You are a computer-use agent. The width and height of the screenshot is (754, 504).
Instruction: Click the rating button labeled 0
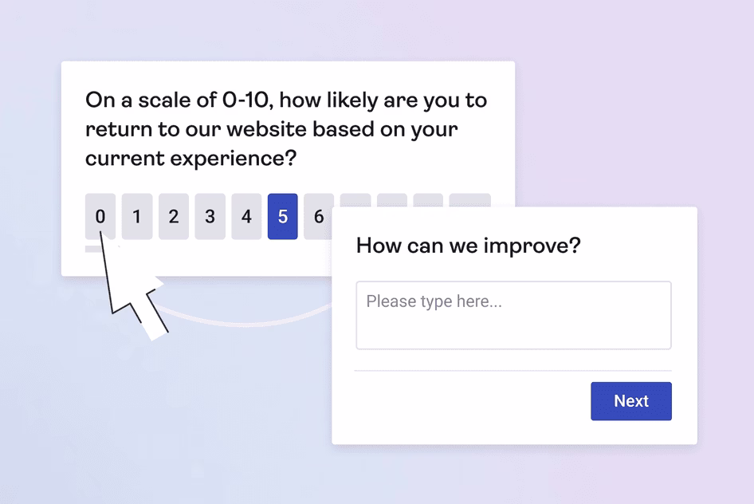[100, 216]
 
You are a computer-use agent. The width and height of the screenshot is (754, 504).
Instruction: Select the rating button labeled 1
[137, 216]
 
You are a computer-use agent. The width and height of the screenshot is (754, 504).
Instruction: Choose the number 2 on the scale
[174, 216]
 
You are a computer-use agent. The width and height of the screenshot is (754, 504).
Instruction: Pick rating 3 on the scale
[210, 216]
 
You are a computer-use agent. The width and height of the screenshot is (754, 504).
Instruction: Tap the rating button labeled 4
[246, 216]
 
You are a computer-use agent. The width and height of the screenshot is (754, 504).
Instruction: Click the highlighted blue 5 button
[283, 216]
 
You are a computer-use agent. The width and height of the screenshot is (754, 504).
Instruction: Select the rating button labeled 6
[318, 216]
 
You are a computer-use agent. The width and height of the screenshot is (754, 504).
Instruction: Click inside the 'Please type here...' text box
[513, 315]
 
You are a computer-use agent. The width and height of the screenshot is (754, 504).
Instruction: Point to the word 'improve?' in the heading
[532, 246]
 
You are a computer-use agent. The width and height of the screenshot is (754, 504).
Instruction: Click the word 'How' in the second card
[375, 246]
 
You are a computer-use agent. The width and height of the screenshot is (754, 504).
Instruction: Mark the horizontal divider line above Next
[513, 371]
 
